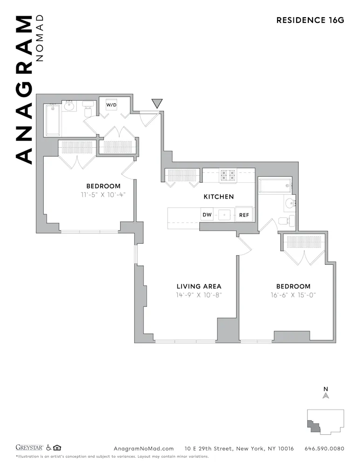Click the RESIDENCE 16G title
pyautogui.click(x=310, y=20)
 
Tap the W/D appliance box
pyautogui.click(x=112, y=105)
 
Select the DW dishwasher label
pyautogui.click(x=207, y=215)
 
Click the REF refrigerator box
pyautogui.click(x=244, y=215)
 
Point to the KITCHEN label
pyautogui.click(x=218, y=197)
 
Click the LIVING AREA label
pyautogui.click(x=199, y=286)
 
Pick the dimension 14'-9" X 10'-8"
pyautogui.click(x=199, y=295)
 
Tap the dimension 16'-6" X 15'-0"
pyautogui.click(x=293, y=295)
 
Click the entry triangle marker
pyautogui.click(x=157, y=103)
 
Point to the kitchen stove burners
pyautogui.click(x=228, y=175)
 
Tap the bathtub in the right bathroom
pyautogui.click(x=275, y=185)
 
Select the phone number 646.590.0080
pyautogui.click(x=324, y=449)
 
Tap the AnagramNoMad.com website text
pyautogui.click(x=143, y=449)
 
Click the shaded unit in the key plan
pyautogui.click(x=312, y=425)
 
